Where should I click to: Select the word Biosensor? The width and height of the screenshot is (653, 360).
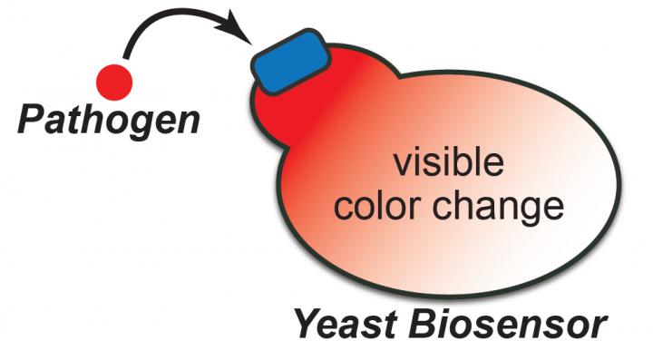pos(511,324)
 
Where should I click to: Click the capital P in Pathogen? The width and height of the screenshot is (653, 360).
pos(32,119)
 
